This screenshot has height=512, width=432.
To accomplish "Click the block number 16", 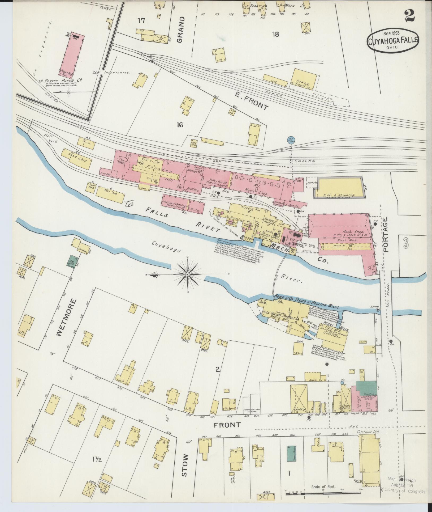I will (180, 125).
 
